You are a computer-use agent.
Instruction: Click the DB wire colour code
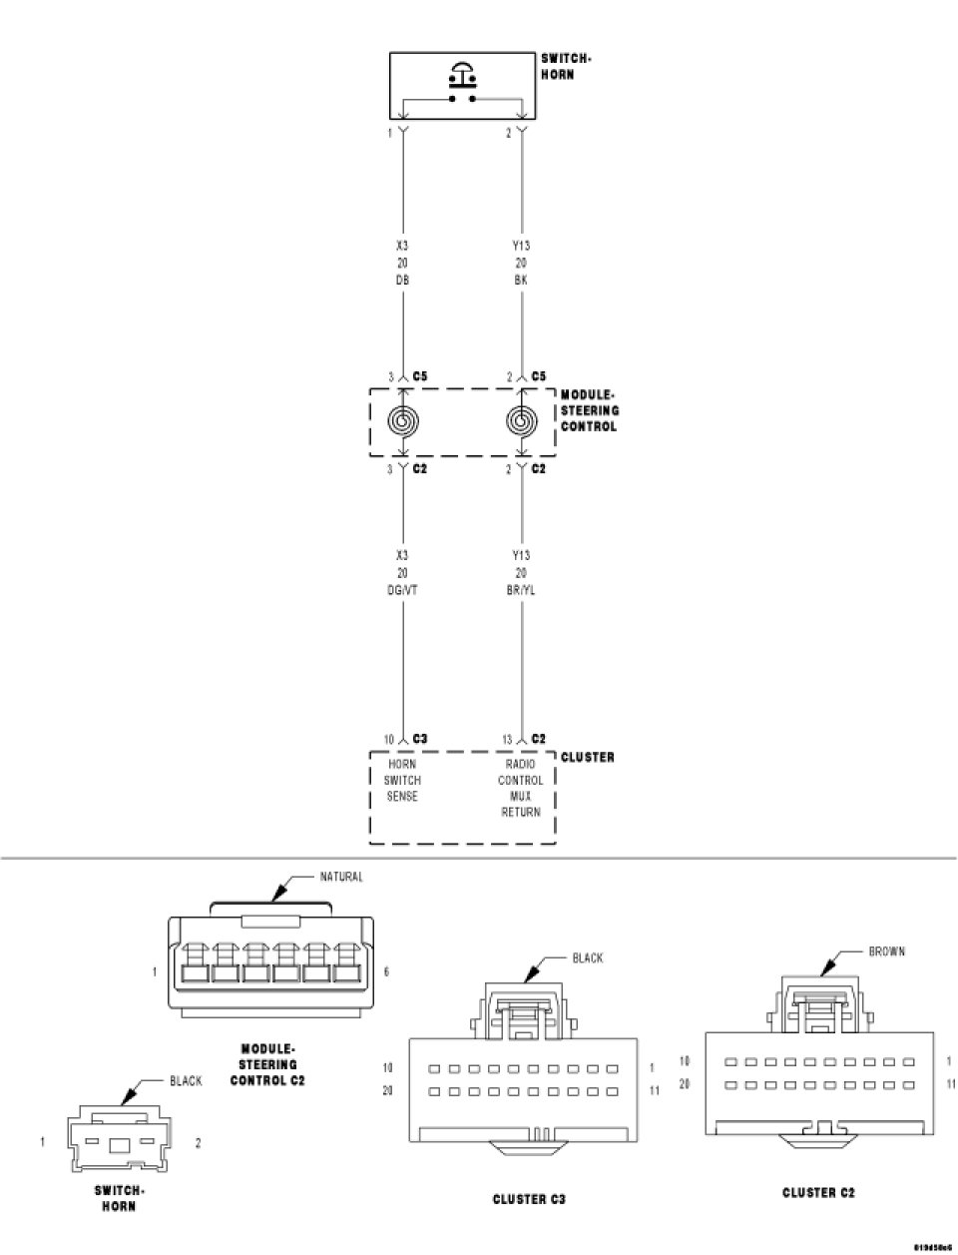[402, 281]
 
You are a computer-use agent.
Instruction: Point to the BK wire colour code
[521, 281]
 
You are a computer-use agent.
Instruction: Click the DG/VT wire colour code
[402, 590]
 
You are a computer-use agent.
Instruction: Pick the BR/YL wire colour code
[521, 590]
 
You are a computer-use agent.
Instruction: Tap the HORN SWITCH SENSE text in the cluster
[402, 780]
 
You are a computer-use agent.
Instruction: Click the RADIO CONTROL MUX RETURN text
[521, 788]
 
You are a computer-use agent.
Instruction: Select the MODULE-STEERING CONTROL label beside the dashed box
[589, 410]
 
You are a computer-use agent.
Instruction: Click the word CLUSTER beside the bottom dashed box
[588, 757]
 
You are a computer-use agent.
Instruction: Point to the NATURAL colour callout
[341, 877]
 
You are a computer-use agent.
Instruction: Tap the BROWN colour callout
[886, 951]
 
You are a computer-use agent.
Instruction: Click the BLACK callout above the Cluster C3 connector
[587, 957]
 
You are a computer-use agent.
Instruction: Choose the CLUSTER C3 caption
[529, 1199]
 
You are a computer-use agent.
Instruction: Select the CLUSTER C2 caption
[818, 1192]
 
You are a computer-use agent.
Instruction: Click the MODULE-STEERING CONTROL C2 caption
[268, 1064]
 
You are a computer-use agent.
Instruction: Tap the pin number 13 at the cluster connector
[507, 740]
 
